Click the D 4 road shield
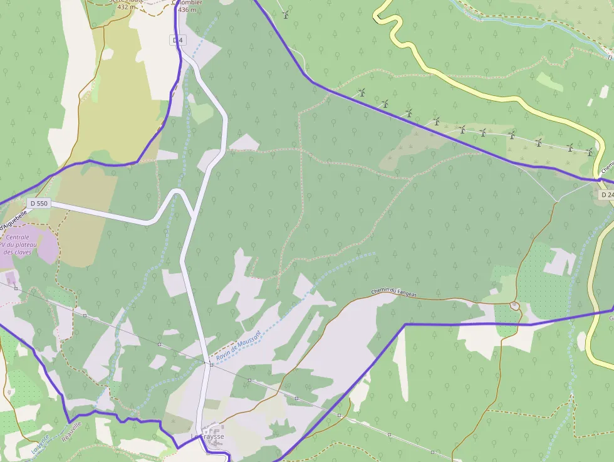tap(178, 40)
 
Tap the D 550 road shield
tap(38, 204)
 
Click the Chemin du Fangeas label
tap(394, 291)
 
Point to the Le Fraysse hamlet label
tap(207, 436)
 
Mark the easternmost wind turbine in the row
tap(589, 152)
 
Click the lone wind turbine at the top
tap(286, 14)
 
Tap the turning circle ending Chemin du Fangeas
tap(514, 305)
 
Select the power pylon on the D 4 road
tap(209, 362)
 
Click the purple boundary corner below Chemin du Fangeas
tap(405, 324)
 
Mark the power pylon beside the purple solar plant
tap(16, 288)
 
